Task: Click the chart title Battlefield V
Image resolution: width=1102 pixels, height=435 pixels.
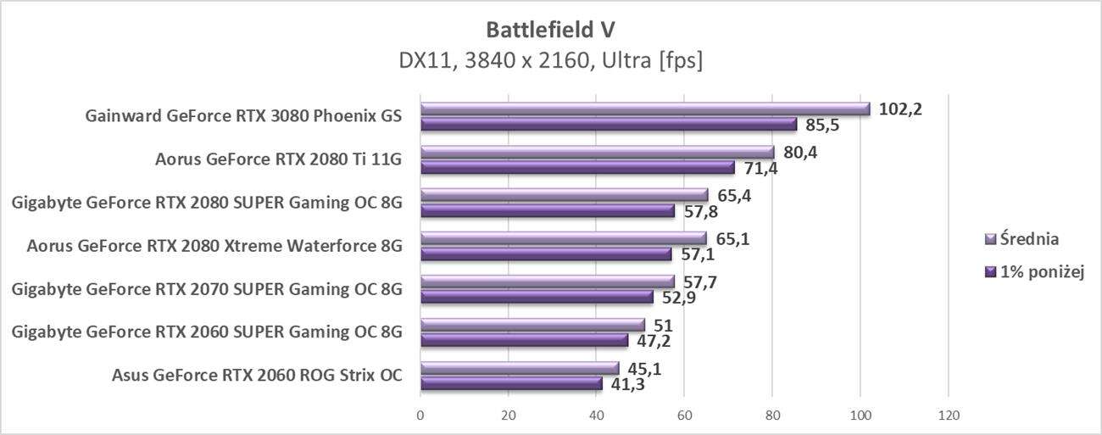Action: tap(550, 30)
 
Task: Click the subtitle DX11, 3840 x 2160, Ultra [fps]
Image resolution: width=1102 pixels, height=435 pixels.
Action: tap(550, 61)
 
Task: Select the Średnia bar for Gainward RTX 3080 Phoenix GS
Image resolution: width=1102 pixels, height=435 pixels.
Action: tap(645, 109)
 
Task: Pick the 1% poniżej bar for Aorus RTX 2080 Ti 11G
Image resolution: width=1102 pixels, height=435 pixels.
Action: tap(577, 168)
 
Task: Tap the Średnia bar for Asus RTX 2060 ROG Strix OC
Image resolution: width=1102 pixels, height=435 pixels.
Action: tap(520, 368)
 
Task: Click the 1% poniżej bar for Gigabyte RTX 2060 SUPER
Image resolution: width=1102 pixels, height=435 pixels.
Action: tap(524, 341)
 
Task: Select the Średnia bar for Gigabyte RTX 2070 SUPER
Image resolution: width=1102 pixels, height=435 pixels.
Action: tap(548, 282)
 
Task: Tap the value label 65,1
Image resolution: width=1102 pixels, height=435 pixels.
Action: tap(732, 238)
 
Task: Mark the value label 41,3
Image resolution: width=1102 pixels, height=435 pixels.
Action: tap(628, 384)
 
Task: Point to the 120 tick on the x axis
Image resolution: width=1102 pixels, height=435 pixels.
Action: tap(948, 415)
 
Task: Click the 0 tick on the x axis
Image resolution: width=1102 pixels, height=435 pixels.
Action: tap(420, 415)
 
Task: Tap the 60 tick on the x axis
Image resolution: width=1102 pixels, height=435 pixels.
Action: tap(684, 415)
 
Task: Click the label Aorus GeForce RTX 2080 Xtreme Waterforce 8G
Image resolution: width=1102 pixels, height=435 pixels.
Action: tap(214, 247)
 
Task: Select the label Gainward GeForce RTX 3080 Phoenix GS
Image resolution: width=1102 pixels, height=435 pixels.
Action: tap(243, 116)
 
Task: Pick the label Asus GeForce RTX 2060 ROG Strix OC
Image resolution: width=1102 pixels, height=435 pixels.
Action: tap(257, 376)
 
